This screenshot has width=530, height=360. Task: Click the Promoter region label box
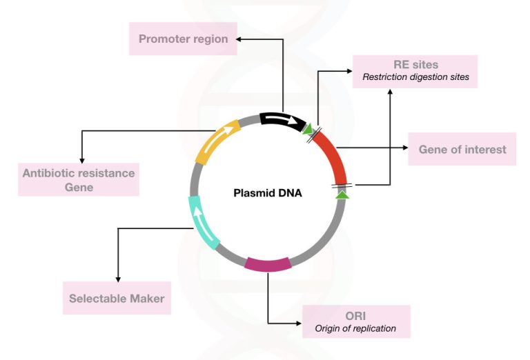[x=183, y=39]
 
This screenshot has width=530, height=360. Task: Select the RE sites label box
[x=415, y=70]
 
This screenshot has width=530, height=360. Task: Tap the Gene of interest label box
[x=462, y=149]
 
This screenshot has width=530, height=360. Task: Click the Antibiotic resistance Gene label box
[x=79, y=179]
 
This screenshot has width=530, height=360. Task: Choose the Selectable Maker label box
[x=117, y=299]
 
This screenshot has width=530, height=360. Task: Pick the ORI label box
[x=356, y=321]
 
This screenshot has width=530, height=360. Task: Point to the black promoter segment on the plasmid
[x=282, y=121]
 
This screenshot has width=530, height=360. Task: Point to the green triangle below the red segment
[x=342, y=195]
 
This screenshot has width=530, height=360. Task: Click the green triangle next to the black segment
[x=308, y=128]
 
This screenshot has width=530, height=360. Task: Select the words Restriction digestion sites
[x=415, y=77]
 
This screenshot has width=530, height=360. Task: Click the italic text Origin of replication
[x=355, y=328]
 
